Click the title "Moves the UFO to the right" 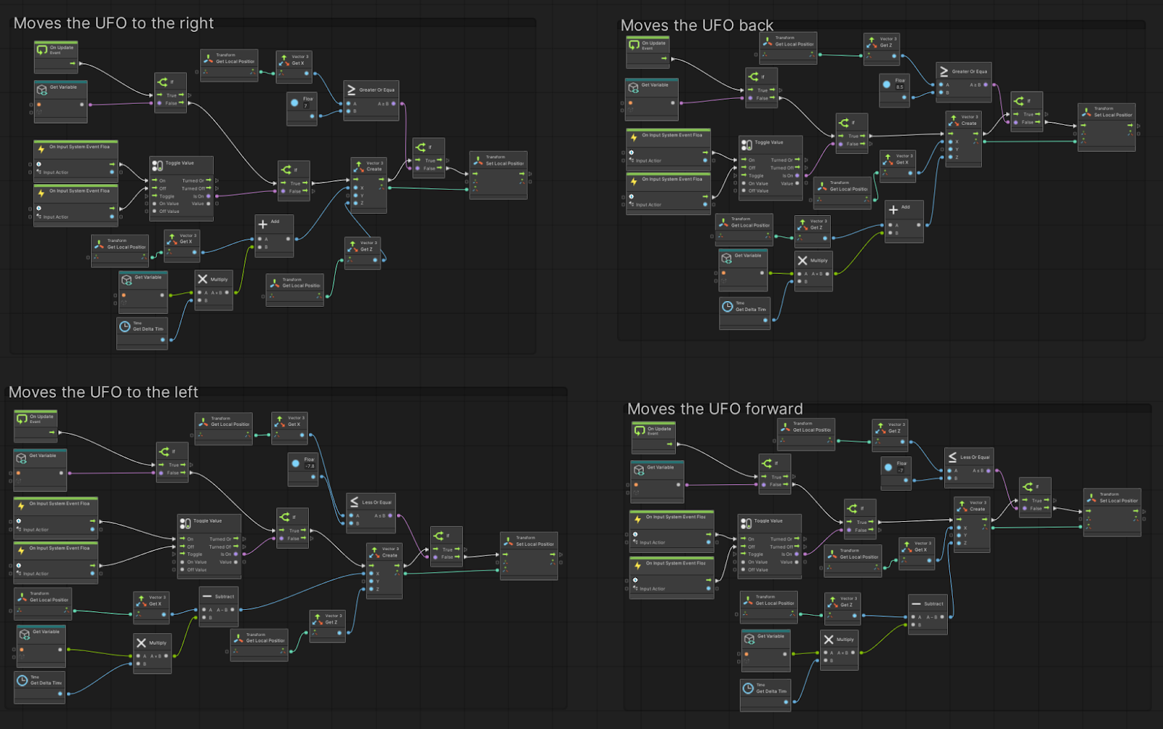[x=113, y=23]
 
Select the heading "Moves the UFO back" [x=696, y=25]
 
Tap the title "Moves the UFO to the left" [x=103, y=392]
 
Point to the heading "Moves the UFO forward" [x=715, y=409]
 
